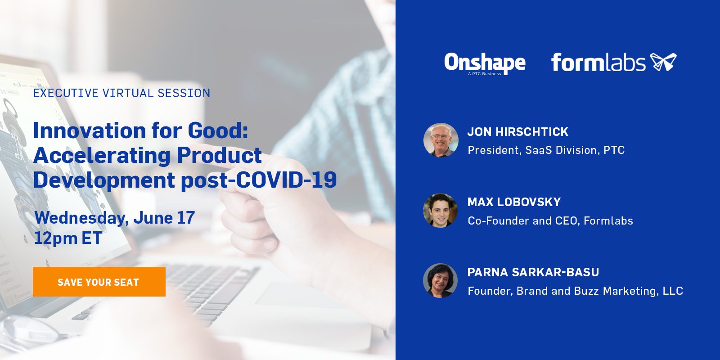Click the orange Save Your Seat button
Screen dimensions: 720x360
(99, 282)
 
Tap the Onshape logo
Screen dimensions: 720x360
(485, 63)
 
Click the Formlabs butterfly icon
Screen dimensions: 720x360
(663, 62)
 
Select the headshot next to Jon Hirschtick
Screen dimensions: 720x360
(441, 140)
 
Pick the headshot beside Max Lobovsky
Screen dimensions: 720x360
(440, 210)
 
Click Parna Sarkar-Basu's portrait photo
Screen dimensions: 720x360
(440, 281)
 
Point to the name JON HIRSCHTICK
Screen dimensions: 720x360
(518, 132)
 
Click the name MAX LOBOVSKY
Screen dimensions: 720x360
(514, 202)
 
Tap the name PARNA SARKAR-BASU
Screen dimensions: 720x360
(533, 272)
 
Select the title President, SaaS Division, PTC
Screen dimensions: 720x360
(546, 150)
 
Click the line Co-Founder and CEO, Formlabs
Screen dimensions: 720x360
(550, 220)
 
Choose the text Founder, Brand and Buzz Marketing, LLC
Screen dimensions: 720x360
(576, 291)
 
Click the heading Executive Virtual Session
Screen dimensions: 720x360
(121, 93)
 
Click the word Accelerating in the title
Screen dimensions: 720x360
(102, 156)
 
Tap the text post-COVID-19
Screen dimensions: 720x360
(259, 180)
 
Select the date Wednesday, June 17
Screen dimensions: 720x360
(114, 218)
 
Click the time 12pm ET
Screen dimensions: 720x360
(68, 238)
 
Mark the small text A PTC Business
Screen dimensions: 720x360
(484, 74)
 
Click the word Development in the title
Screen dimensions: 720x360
(104, 180)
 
